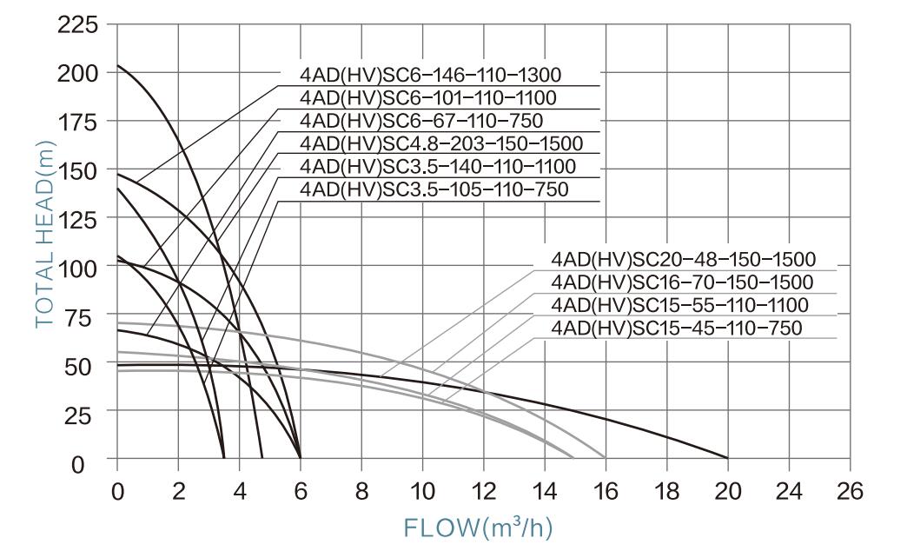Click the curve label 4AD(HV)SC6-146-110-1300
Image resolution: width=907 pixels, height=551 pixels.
click(430, 75)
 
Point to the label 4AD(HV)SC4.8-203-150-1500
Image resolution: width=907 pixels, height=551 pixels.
click(440, 143)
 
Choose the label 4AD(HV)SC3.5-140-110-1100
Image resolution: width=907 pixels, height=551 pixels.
click(436, 166)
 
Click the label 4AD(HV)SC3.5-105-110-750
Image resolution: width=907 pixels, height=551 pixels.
click(433, 189)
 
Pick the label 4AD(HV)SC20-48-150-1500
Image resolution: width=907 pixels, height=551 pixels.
click(683, 259)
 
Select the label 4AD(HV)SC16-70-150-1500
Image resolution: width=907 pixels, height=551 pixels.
click(682, 282)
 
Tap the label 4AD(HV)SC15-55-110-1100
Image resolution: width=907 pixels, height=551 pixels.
click(679, 305)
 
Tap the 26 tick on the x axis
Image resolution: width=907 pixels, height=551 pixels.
click(850, 491)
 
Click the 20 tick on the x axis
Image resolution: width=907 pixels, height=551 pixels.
click(727, 491)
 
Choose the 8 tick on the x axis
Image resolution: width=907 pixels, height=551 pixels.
click(361, 491)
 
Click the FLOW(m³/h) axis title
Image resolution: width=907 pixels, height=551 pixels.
click(479, 528)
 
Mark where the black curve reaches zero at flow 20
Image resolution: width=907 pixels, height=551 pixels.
click(727, 458)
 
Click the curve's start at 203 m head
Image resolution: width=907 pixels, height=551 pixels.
click(118, 65)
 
